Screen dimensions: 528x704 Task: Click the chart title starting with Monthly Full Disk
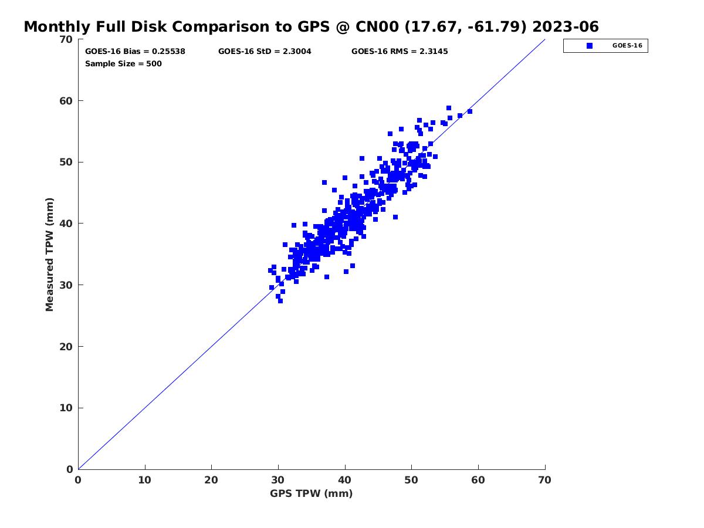click(311, 27)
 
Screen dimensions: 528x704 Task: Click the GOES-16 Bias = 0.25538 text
click(135, 52)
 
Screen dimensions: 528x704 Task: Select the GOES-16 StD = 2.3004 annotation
click(265, 52)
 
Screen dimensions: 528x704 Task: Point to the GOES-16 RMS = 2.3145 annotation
click(400, 52)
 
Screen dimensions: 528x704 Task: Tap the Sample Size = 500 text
click(123, 64)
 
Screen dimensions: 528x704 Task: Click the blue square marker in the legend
click(590, 46)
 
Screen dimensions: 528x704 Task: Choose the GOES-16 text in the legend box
click(627, 46)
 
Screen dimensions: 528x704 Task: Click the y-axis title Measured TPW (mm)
click(50, 255)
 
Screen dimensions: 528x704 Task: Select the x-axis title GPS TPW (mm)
click(311, 493)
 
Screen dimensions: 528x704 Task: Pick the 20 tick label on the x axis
click(211, 480)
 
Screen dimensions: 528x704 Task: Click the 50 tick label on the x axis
click(411, 480)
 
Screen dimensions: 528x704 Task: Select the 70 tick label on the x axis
click(544, 480)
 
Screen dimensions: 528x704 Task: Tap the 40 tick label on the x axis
click(345, 480)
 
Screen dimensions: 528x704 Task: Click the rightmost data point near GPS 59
click(470, 111)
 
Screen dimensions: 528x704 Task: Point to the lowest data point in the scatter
click(280, 301)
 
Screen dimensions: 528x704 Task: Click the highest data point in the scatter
click(449, 108)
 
